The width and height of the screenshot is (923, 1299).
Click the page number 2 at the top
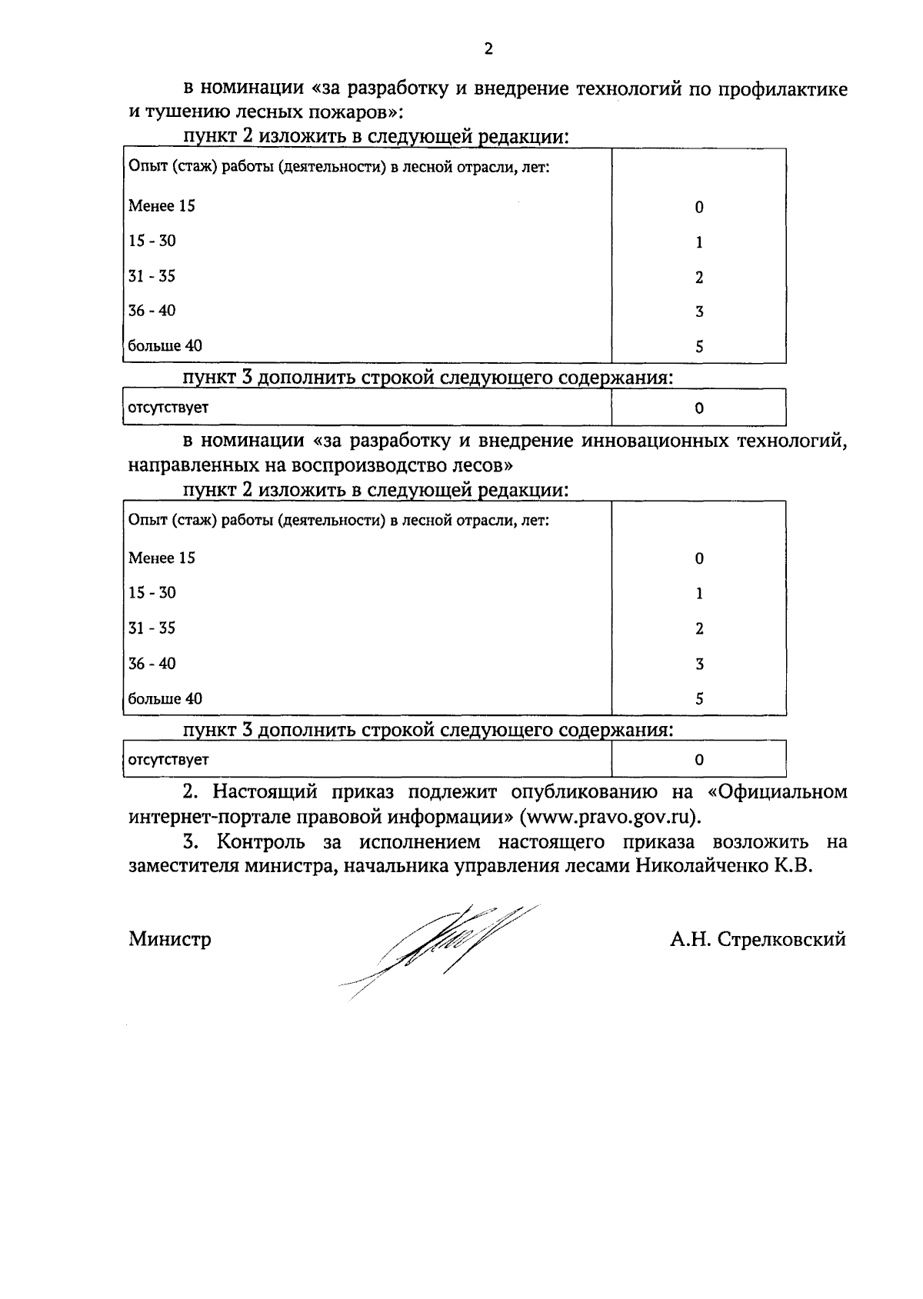point(488,50)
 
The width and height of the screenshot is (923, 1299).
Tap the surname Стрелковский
point(781,939)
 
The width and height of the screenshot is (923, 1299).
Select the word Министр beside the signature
point(170,939)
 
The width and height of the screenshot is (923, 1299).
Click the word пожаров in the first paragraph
point(355,113)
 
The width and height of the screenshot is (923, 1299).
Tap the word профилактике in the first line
point(783,89)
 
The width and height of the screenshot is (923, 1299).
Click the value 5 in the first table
point(699,347)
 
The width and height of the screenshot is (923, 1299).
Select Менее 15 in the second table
point(162,558)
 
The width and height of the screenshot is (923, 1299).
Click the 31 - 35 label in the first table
point(152,276)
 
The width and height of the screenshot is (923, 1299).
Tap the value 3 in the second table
point(699,664)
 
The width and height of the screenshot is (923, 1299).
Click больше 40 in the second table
point(165,699)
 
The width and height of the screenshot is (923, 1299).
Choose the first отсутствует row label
point(168,408)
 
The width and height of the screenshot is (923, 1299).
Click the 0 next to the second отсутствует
point(699,761)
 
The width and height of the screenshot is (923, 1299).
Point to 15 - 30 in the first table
point(152,241)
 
